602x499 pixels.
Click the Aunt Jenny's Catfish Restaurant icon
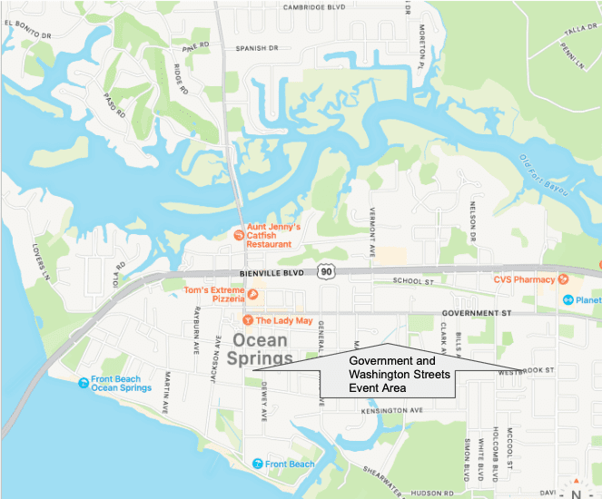[238, 235]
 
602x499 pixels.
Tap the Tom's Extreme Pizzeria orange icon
[253, 294]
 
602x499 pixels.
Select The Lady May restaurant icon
[247, 320]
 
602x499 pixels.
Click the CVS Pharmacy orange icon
[564, 279]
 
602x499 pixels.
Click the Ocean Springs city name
[262, 349]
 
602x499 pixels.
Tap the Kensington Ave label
[393, 410]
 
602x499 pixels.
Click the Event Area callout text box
[400, 374]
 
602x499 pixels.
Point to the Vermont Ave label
[372, 226]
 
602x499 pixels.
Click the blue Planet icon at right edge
[567, 299]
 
